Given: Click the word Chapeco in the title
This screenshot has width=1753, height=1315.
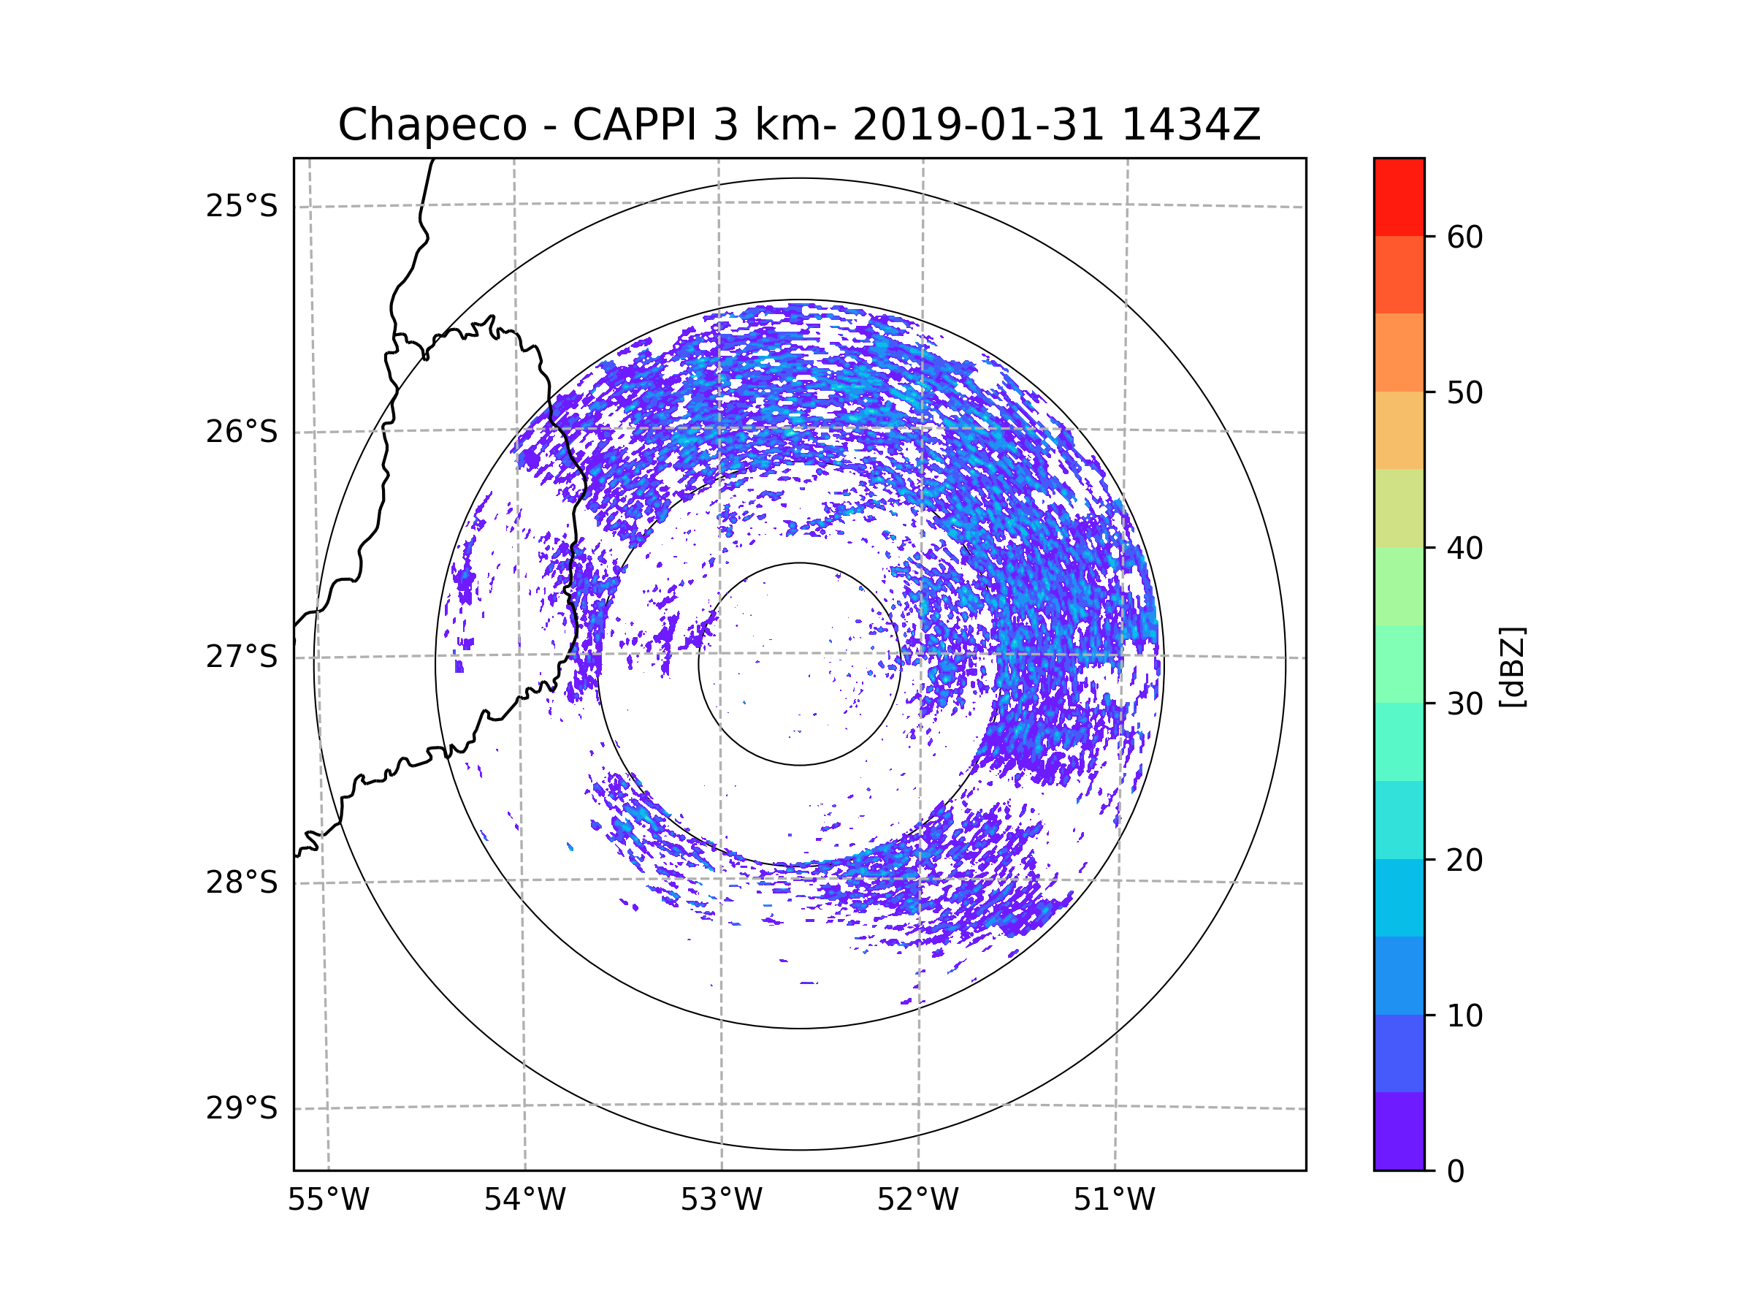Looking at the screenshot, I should [x=432, y=125].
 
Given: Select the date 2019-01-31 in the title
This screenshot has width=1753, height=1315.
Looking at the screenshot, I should [x=977, y=125].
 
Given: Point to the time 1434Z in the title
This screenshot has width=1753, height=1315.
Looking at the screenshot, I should [x=1191, y=125].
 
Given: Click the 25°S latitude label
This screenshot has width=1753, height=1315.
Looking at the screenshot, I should [x=242, y=206].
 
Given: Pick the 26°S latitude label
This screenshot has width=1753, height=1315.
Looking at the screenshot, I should [x=242, y=432].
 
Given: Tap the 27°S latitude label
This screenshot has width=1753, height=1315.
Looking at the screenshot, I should [x=242, y=657].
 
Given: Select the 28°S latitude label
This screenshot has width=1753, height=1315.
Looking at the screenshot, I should [x=242, y=883].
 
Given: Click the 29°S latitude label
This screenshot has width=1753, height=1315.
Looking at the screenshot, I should [x=242, y=1108].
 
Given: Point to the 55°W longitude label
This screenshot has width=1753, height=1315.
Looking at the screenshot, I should [x=328, y=1200].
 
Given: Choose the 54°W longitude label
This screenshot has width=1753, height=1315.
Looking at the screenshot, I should [x=524, y=1200].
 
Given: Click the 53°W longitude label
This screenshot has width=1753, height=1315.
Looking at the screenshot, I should [x=721, y=1200].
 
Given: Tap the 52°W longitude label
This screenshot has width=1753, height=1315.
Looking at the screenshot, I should [x=917, y=1200].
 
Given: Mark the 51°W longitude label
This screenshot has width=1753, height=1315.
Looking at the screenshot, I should [x=1114, y=1200].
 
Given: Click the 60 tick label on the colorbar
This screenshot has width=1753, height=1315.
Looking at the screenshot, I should [x=1464, y=237].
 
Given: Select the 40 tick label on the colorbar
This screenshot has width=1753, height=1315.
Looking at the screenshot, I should [x=1464, y=549].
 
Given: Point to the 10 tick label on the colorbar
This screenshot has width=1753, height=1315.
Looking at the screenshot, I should [x=1464, y=1015].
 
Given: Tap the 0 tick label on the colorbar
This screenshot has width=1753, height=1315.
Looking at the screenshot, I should [x=1456, y=1172].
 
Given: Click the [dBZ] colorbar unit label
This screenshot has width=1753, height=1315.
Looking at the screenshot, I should [x=1512, y=666].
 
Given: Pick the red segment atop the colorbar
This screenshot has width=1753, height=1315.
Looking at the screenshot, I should [x=1399, y=197].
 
